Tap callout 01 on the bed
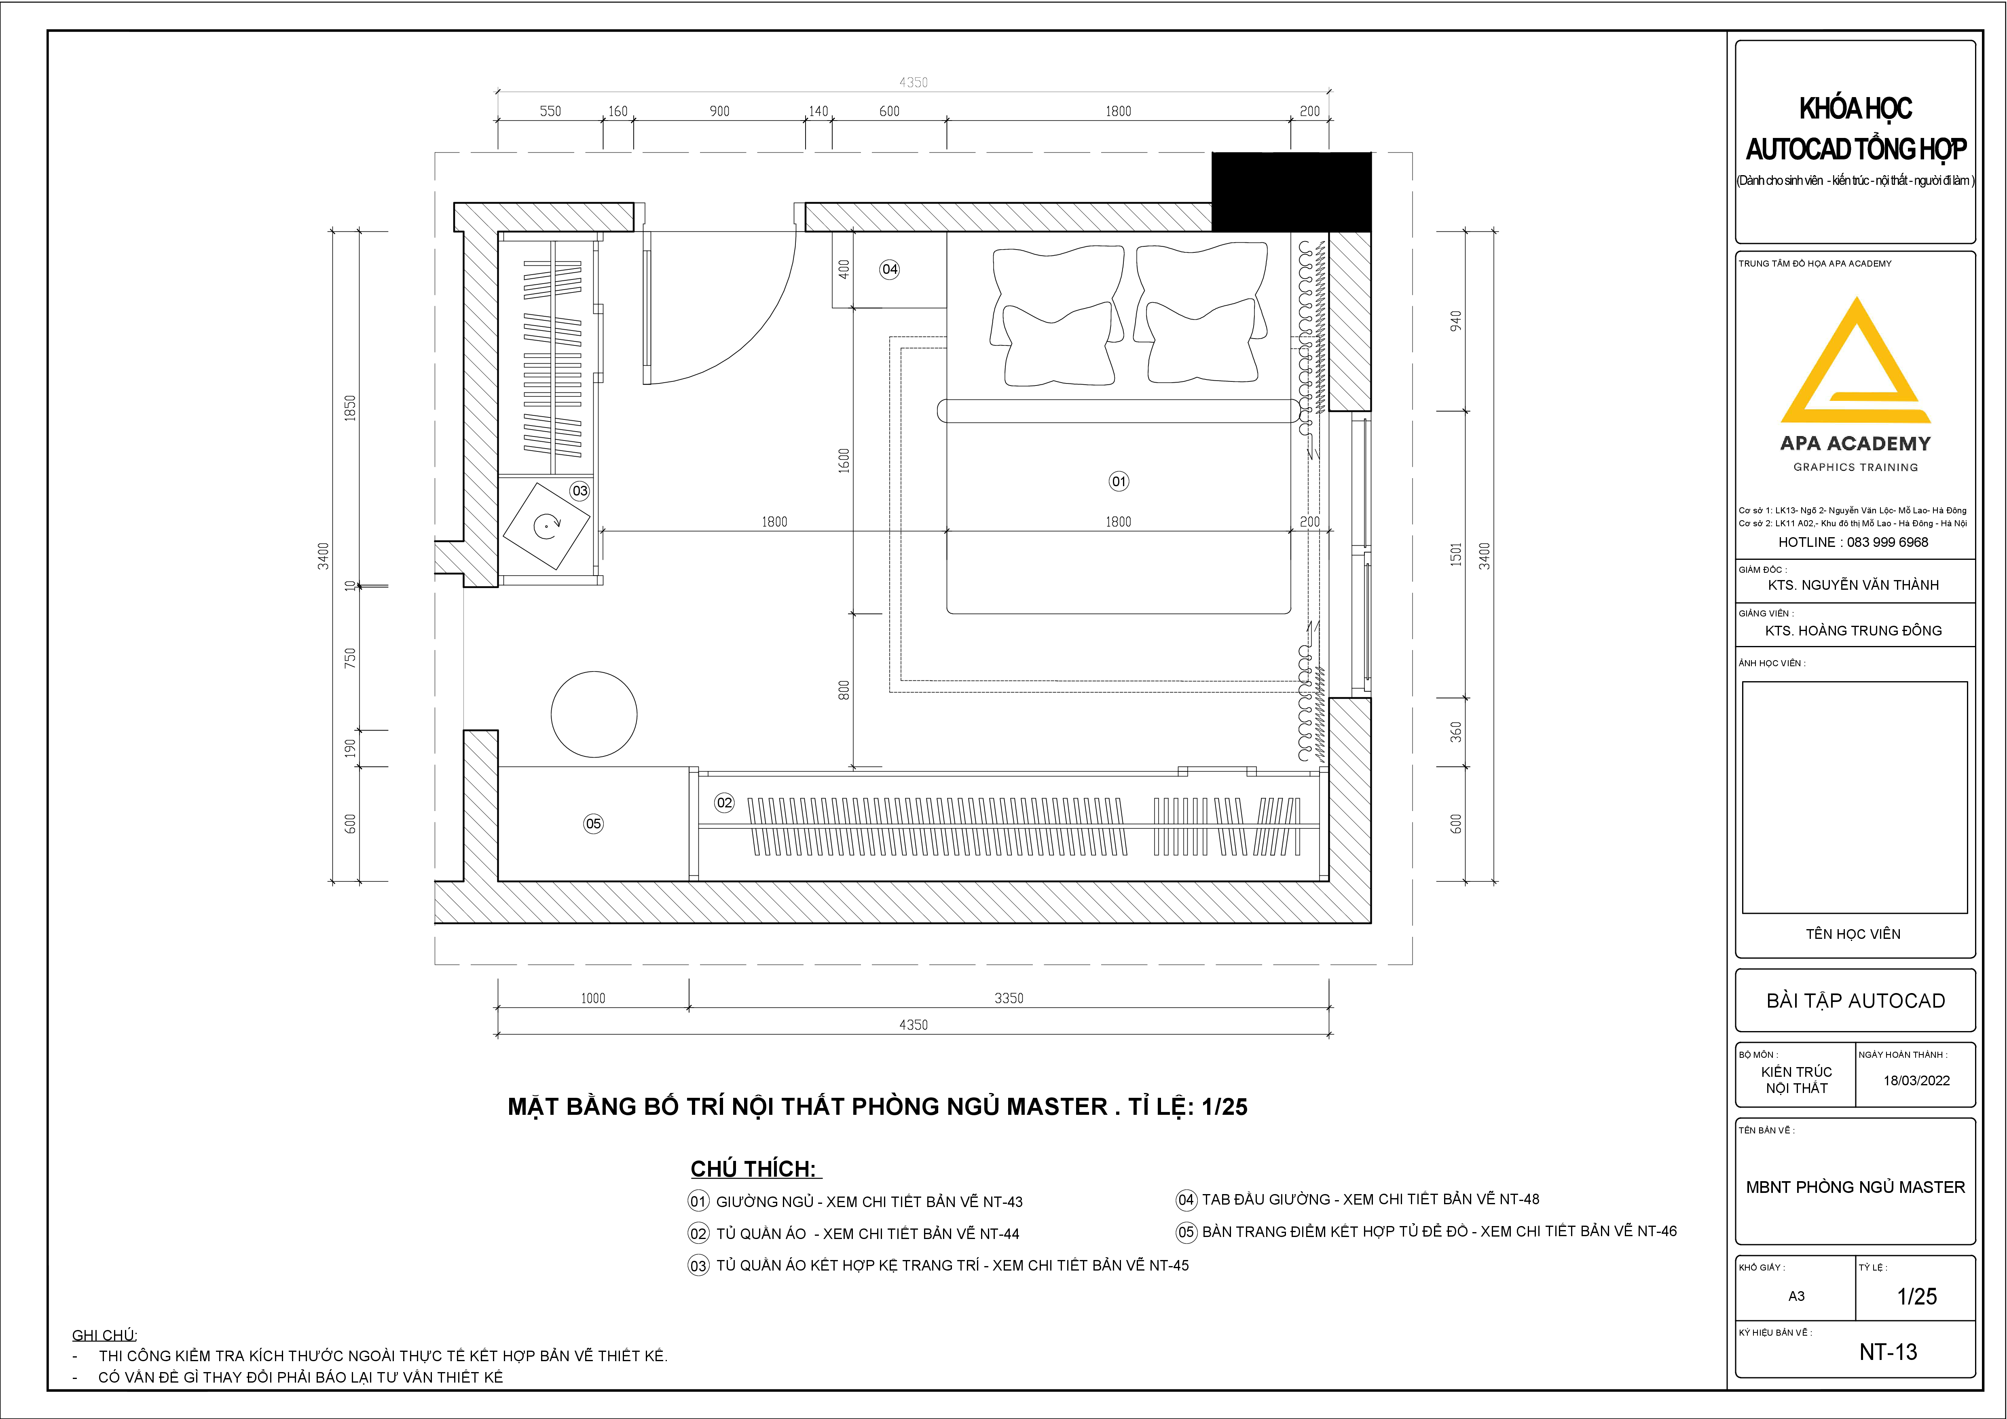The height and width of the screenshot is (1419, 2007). pyautogui.click(x=1119, y=481)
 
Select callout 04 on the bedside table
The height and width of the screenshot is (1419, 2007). pyautogui.click(x=890, y=269)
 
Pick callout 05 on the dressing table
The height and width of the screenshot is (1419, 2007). pyautogui.click(x=594, y=824)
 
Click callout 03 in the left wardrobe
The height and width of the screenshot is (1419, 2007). pyautogui.click(x=579, y=491)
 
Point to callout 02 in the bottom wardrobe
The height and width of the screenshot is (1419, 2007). pyautogui.click(x=725, y=803)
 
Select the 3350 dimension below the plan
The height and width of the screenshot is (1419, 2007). pyautogui.click(x=1009, y=998)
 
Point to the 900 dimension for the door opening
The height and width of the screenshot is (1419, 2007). pyautogui.click(x=719, y=111)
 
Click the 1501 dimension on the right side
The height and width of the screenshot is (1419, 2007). pyautogui.click(x=1455, y=554)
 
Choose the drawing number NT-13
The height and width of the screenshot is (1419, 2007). pyautogui.click(x=1888, y=1352)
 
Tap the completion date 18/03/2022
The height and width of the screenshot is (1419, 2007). pyautogui.click(x=1916, y=1081)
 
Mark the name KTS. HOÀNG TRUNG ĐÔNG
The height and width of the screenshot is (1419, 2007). pyautogui.click(x=1853, y=630)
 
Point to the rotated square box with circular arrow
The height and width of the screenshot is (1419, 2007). pyautogui.click(x=547, y=526)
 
